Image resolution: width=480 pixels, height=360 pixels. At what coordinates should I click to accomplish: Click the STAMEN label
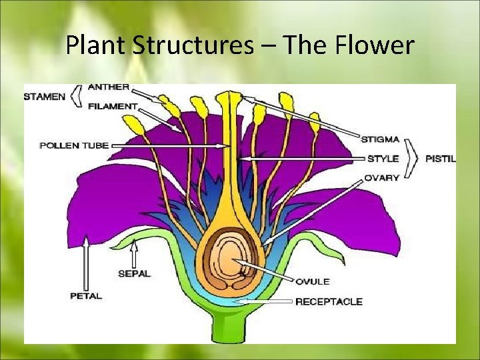point(45,96)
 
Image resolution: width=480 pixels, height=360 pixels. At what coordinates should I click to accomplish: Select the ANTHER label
point(109,87)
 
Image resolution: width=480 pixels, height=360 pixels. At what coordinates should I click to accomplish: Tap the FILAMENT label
point(112,105)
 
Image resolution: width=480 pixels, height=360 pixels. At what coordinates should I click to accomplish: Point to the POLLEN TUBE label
point(74,145)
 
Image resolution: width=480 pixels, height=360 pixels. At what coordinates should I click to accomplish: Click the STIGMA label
point(380,139)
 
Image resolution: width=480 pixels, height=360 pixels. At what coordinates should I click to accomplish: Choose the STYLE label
point(382,159)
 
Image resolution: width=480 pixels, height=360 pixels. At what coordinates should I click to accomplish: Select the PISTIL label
point(441,159)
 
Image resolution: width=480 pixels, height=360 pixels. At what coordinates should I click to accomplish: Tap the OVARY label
point(381,178)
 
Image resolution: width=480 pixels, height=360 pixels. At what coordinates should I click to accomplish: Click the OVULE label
point(313,282)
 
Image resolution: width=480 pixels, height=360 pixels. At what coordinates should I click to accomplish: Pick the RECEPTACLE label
point(329,301)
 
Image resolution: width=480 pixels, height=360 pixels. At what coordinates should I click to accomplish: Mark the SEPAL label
point(135,273)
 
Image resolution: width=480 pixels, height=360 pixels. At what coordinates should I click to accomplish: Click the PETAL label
point(86,295)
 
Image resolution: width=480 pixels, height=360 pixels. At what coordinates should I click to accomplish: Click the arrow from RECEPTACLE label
point(267,302)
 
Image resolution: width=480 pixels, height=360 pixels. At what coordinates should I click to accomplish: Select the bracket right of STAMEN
point(77,96)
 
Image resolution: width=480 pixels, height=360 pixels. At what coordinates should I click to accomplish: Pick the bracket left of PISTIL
point(413,159)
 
